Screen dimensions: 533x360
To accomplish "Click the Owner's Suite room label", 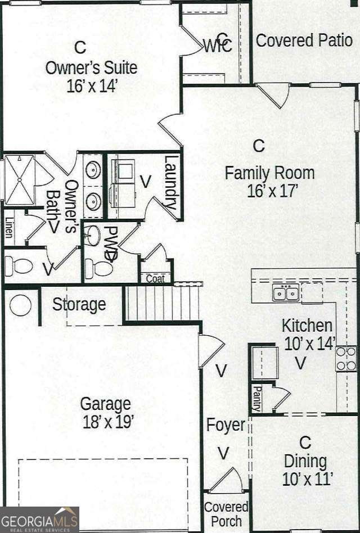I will pyautogui.click(x=91, y=68).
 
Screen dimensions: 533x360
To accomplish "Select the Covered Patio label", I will pyautogui.click(x=304, y=40).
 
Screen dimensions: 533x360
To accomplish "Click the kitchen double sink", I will pyautogui.click(x=285, y=293).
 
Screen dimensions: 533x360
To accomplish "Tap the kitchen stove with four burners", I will pyautogui.click(x=346, y=359).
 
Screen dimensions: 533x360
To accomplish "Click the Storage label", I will pyautogui.click(x=79, y=305).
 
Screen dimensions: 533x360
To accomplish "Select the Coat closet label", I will pyautogui.click(x=155, y=279).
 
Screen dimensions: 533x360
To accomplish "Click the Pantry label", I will pyautogui.click(x=256, y=398).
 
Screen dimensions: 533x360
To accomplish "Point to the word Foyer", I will pyautogui.click(x=226, y=425).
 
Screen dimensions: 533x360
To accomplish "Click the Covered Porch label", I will pyautogui.click(x=226, y=514).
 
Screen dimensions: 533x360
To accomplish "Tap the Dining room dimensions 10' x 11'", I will pyautogui.click(x=308, y=479).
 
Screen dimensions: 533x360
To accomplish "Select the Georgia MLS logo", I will pyautogui.click(x=39, y=519).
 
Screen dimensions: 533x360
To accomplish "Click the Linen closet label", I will pyautogui.click(x=8, y=227).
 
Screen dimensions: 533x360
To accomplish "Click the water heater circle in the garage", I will pyautogui.click(x=21, y=305).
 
